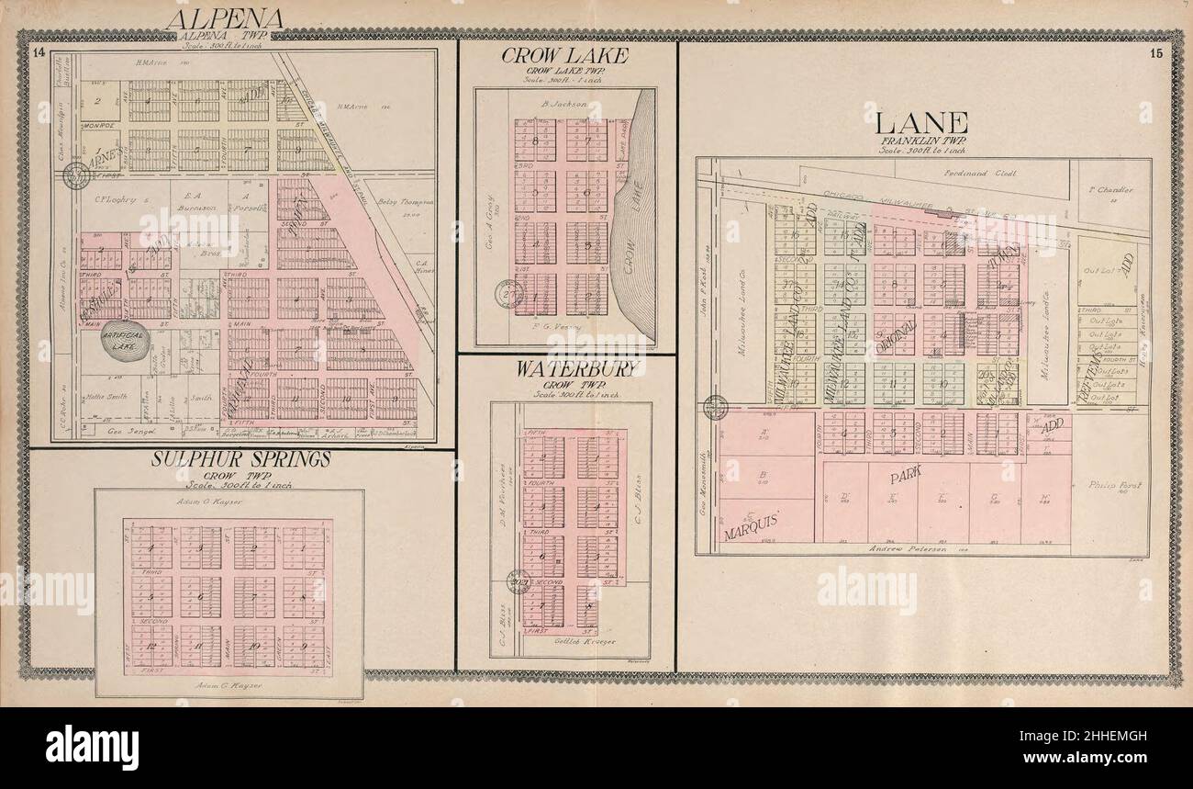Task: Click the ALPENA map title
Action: (223, 19)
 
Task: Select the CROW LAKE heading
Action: (564, 56)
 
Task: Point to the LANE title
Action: (921, 122)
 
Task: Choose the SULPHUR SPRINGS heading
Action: (240, 459)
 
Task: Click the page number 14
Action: (38, 51)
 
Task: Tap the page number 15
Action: (1155, 52)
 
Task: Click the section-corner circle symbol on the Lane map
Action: (715, 407)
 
